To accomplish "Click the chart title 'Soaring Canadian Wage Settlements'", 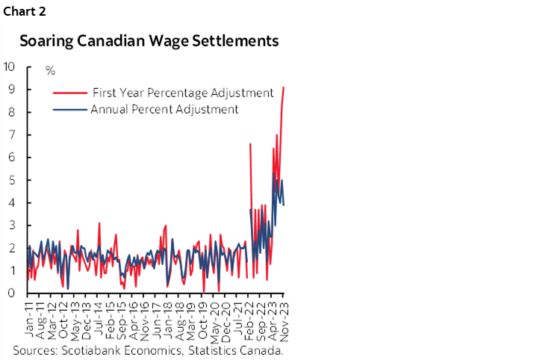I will pos(149,41).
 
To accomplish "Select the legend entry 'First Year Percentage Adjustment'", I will pos(183,93).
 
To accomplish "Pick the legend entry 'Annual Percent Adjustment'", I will pos(164,109).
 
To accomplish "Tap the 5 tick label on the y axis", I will pos(13,180).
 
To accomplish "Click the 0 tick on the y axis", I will pos(13,294).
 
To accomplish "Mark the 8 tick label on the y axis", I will pos(13,112).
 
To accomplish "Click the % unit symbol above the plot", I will pos(51,71).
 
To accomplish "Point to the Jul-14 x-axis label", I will pos(99,317).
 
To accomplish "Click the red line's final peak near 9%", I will pos(284,88).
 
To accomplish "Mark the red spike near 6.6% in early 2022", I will pos(250,144).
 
